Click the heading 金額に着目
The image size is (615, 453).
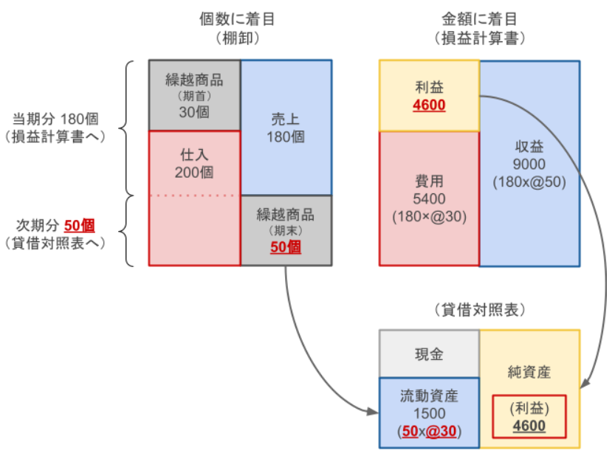coord(479,17)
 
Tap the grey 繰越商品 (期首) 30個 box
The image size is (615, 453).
coord(195,95)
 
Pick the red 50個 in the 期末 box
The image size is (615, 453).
coord(286,247)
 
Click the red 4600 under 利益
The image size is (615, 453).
coord(429,105)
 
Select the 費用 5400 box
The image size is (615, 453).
coord(429,198)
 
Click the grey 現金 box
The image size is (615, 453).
coord(429,353)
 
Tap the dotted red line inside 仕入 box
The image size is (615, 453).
coord(195,196)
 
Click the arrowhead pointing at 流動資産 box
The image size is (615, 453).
coord(374,411)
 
